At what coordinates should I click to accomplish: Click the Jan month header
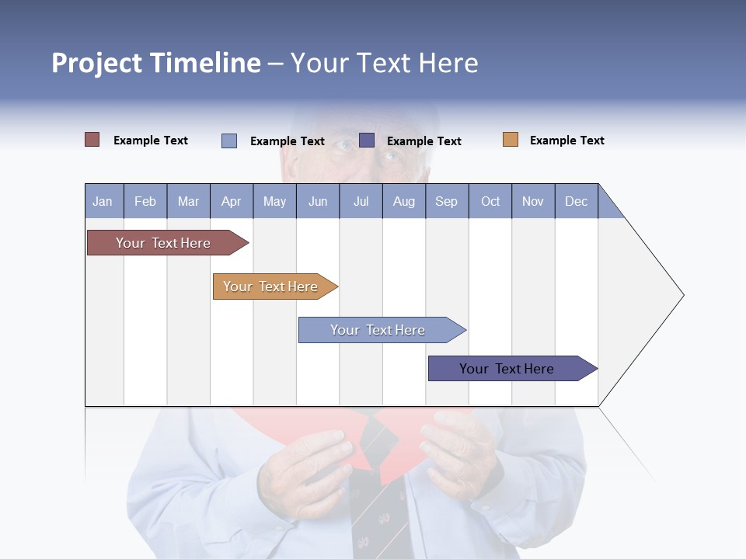(103, 201)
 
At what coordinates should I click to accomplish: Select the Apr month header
(231, 201)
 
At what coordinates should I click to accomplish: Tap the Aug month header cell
(403, 201)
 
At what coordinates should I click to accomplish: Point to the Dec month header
(576, 201)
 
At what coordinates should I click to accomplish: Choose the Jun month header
(317, 201)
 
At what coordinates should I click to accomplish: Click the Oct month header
(490, 201)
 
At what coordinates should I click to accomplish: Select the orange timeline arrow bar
(272, 286)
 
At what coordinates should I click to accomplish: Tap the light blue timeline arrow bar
(378, 330)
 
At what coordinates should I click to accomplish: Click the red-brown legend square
(92, 140)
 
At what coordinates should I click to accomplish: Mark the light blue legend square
(229, 141)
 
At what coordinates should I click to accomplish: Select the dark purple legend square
(367, 140)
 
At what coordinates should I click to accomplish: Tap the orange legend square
(510, 140)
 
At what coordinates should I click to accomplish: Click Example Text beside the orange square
(566, 141)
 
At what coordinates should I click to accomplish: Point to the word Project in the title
(97, 63)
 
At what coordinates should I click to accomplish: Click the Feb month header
(145, 201)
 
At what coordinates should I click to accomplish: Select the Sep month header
(446, 201)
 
